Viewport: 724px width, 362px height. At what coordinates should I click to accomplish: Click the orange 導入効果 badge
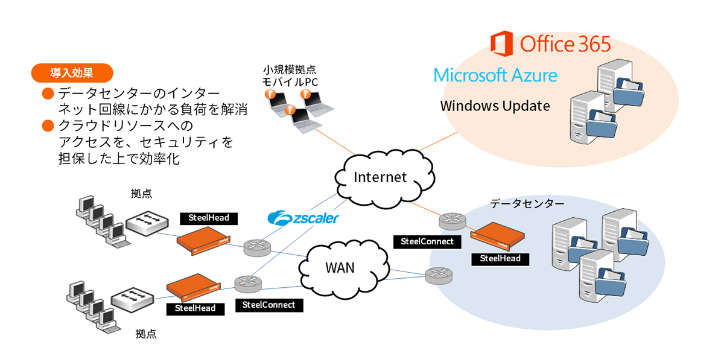[x=71, y=74]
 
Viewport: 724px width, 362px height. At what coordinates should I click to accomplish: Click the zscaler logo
[x=303, y=218]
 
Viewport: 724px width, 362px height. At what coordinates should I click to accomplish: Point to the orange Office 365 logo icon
[x=502, y=44]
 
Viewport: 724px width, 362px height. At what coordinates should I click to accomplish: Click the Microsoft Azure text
[x=495, y=75]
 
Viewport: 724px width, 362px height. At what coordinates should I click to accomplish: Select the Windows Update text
[x=495, y=106]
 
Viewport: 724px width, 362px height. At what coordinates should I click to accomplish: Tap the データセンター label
[x=527, y=204]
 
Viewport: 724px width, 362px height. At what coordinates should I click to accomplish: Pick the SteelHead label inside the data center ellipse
[x=500, y=259]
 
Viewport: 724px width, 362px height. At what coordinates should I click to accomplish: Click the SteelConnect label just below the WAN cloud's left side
[x=268, y=305]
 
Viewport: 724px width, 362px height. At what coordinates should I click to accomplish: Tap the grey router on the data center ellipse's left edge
[x=437, y=276]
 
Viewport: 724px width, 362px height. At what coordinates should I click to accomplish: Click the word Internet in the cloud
[x=380, y=177]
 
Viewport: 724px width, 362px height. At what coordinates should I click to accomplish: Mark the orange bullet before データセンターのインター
[x=48, y=94]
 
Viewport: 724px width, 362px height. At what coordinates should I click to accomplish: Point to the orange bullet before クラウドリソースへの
[x=48, y=126]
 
